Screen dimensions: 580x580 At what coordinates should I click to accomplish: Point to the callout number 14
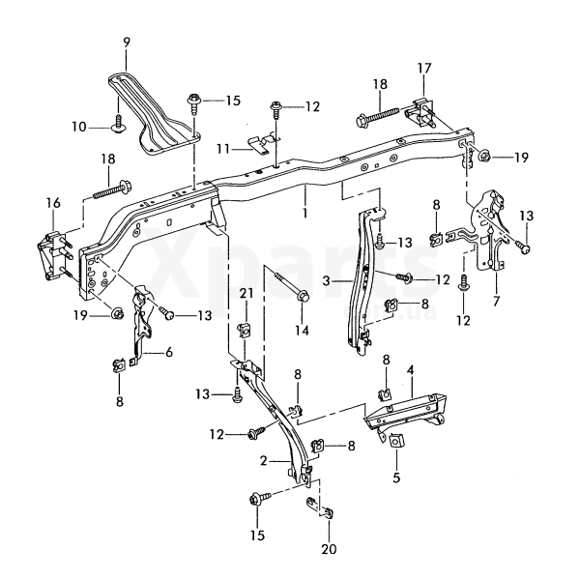click(302, 331)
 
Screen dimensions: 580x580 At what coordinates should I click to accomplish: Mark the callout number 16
click(52, 202)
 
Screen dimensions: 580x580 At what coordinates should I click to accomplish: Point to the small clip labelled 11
click(257, 146)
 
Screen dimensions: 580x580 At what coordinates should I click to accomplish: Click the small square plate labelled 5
click(396, 441)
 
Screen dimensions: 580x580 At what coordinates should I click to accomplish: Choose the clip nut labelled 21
click(245, 330)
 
